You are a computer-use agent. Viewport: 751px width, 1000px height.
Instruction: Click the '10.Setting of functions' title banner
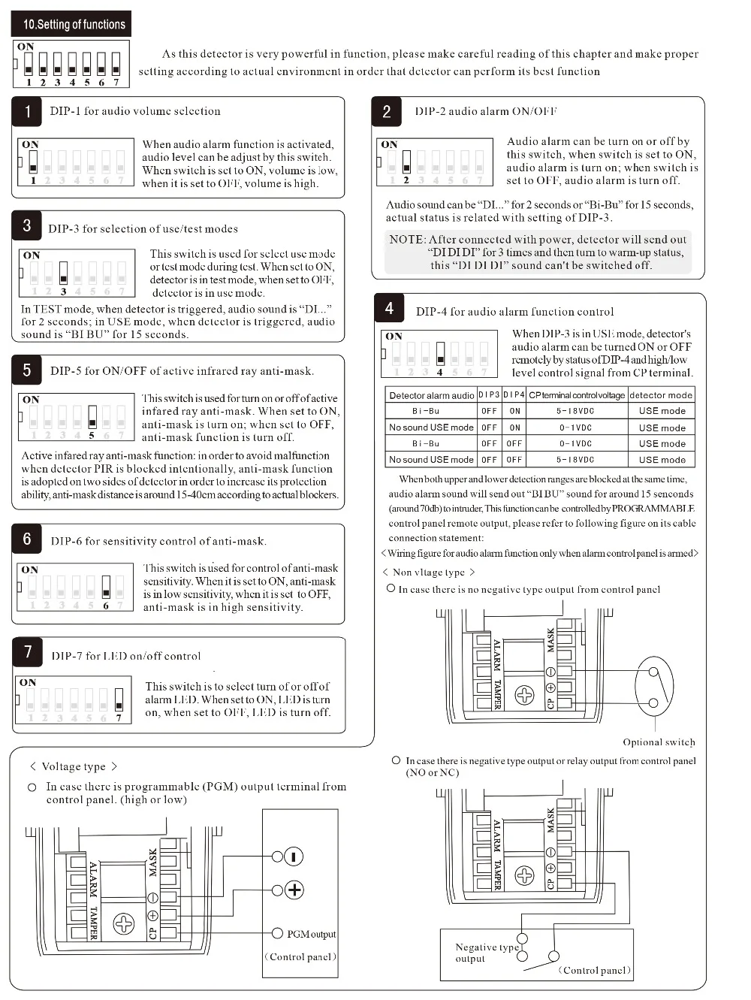71,24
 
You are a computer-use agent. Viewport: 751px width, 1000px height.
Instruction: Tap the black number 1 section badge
27,112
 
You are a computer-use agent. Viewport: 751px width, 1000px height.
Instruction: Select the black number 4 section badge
389,308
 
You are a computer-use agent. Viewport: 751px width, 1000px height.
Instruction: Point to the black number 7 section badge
28,652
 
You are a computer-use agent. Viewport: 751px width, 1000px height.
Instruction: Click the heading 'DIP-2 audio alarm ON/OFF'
485,111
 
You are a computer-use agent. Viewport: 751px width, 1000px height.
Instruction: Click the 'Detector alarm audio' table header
431,395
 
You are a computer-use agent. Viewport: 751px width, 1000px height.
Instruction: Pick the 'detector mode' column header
661,395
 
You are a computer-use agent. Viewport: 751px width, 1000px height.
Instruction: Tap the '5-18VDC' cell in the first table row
575,411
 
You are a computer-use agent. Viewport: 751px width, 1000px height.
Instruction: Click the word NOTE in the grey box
406,239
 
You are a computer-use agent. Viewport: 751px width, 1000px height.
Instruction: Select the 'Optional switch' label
659,742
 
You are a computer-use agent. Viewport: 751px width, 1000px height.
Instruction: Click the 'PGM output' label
311,934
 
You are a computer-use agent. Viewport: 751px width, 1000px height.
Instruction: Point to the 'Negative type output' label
486,952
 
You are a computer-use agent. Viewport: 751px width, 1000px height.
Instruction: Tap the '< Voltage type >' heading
73,766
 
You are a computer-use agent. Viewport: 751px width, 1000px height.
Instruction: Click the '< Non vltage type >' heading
429,573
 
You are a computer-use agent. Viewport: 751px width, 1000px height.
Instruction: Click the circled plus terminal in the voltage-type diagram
294,890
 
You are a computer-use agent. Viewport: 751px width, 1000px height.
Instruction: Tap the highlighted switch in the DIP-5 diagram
92,416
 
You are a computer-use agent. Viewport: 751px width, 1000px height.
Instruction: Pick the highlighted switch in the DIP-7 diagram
119,699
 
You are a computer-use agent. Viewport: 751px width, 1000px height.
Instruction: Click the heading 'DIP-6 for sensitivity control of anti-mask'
158,541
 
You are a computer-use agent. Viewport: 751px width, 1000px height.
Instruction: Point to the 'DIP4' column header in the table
514,395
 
